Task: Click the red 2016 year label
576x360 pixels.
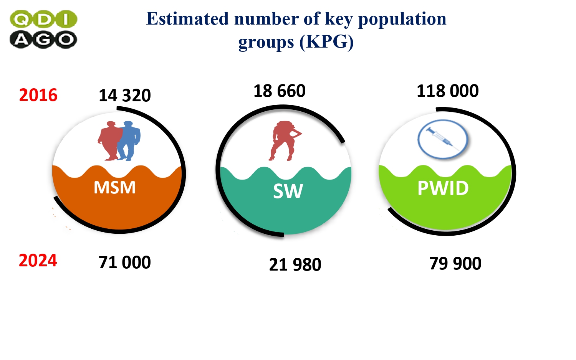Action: tap(38, 95)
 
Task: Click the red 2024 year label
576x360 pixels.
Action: tap(38, 260)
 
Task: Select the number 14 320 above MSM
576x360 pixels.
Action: tap(125, 95)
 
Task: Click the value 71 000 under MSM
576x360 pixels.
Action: tap(125, 263)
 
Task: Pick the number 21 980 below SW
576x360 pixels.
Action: tap(295, 265)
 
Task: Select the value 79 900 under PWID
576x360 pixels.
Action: tap(455, 263)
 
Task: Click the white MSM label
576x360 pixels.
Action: tap(115, 187)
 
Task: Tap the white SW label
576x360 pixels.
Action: tap(288, 191)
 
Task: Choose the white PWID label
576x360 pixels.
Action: tap(443, 188)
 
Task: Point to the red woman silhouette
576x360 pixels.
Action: tap(284, 141)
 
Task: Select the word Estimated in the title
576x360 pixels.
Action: tap(187, 19)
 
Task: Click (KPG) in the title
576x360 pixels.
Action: tap(326, 41)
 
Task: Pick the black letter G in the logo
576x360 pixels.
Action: tap(43, 40)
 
